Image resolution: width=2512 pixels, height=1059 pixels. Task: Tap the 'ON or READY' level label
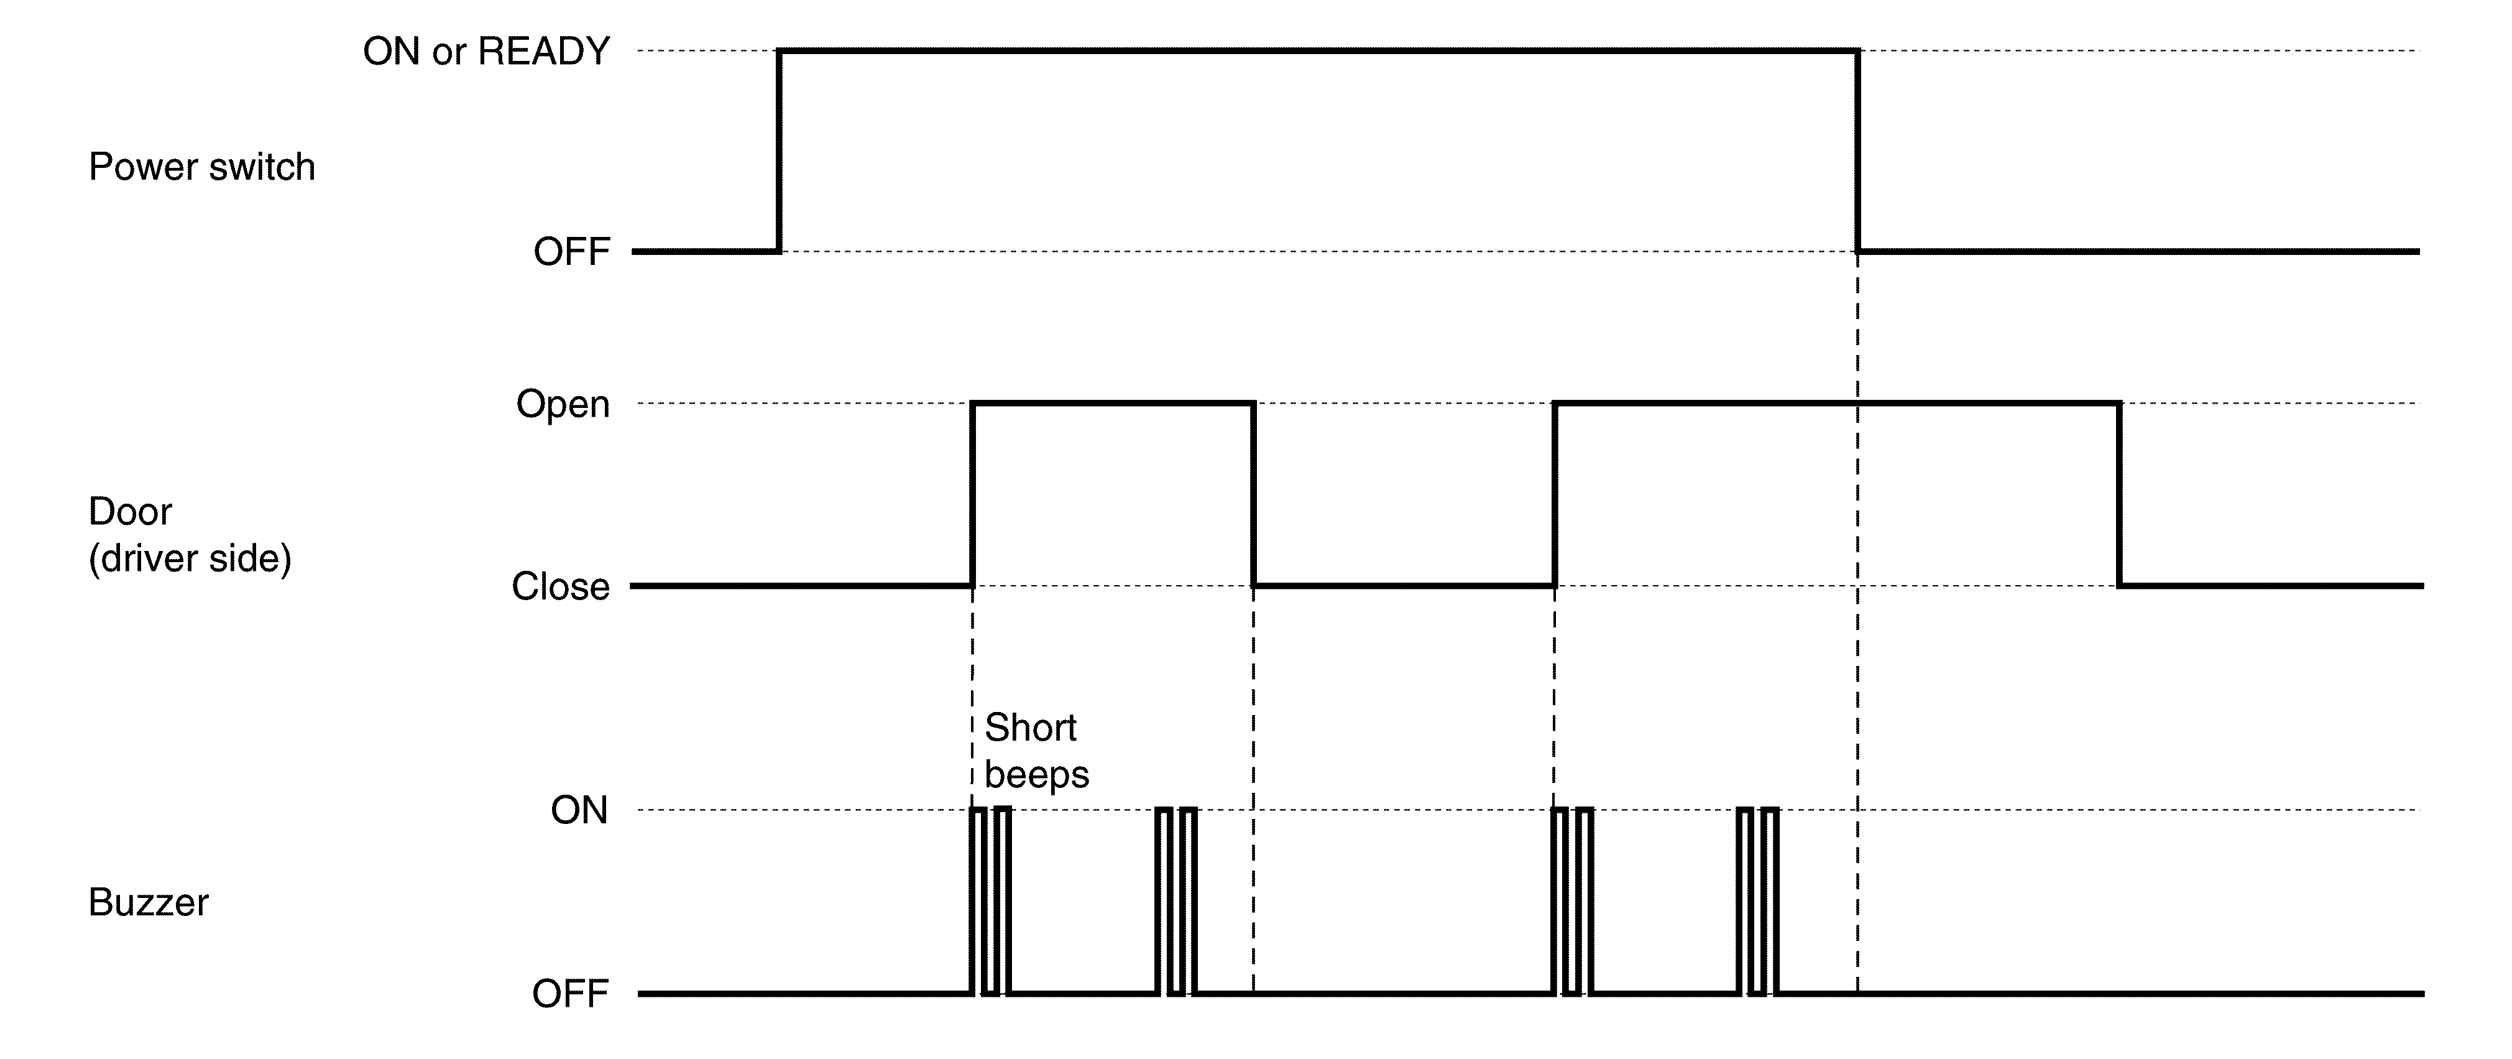(487, 52)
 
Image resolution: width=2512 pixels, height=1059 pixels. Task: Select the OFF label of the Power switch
(571, 252)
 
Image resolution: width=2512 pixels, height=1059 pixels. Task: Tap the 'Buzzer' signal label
(148, 903)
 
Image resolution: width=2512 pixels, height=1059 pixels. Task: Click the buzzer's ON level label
(579, 810)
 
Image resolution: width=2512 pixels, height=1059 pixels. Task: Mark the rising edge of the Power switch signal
(779, 151)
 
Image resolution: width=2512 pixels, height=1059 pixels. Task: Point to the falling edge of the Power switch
(1857, 151)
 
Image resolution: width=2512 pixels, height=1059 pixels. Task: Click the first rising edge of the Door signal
(972, 494)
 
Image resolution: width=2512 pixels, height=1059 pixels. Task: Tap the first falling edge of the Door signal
(1253, 494)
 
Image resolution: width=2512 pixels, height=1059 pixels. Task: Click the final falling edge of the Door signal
(2119, 494)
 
